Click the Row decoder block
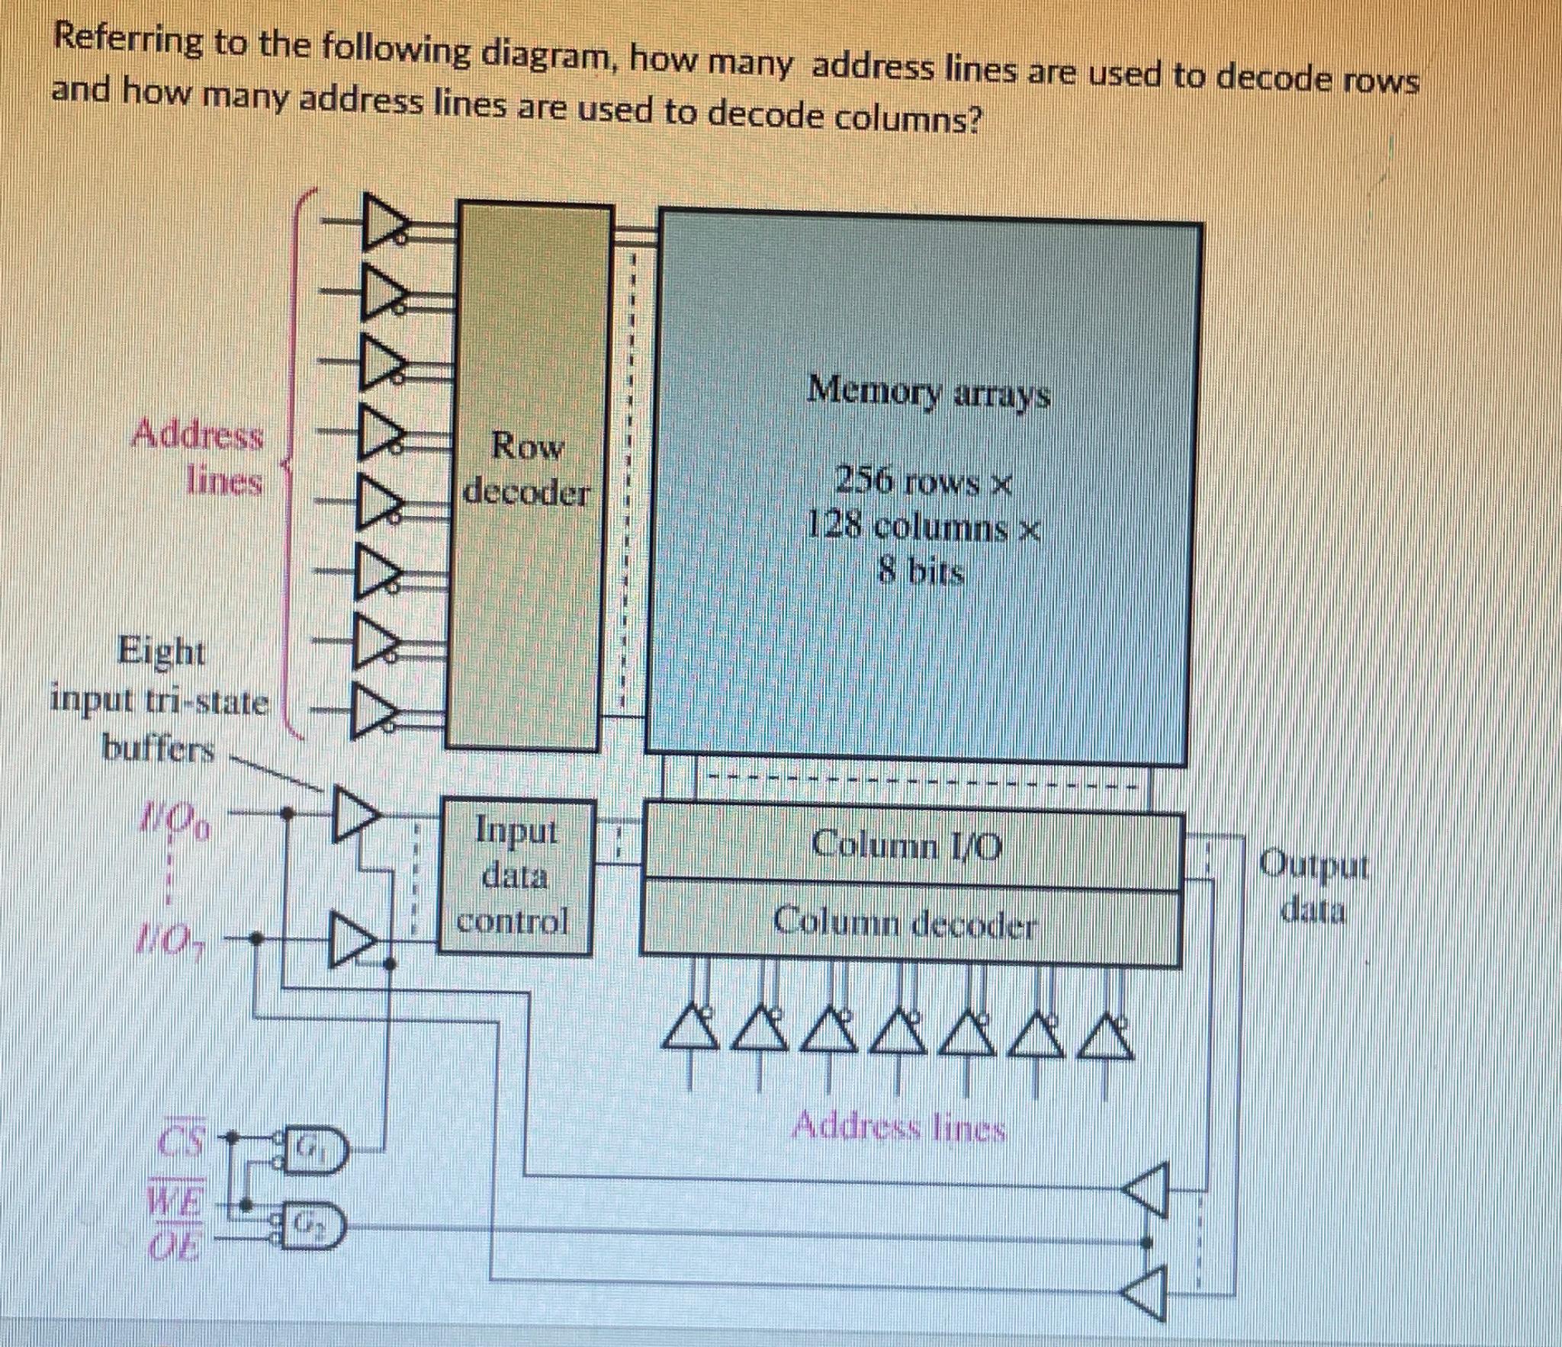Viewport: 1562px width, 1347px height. pos(528,473)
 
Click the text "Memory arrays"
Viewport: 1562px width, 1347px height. pos(929,393)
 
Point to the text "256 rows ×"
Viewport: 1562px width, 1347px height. pos(923,482)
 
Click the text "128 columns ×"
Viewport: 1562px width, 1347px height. pos(923,526)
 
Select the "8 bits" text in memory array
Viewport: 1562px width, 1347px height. pos(921,571)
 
